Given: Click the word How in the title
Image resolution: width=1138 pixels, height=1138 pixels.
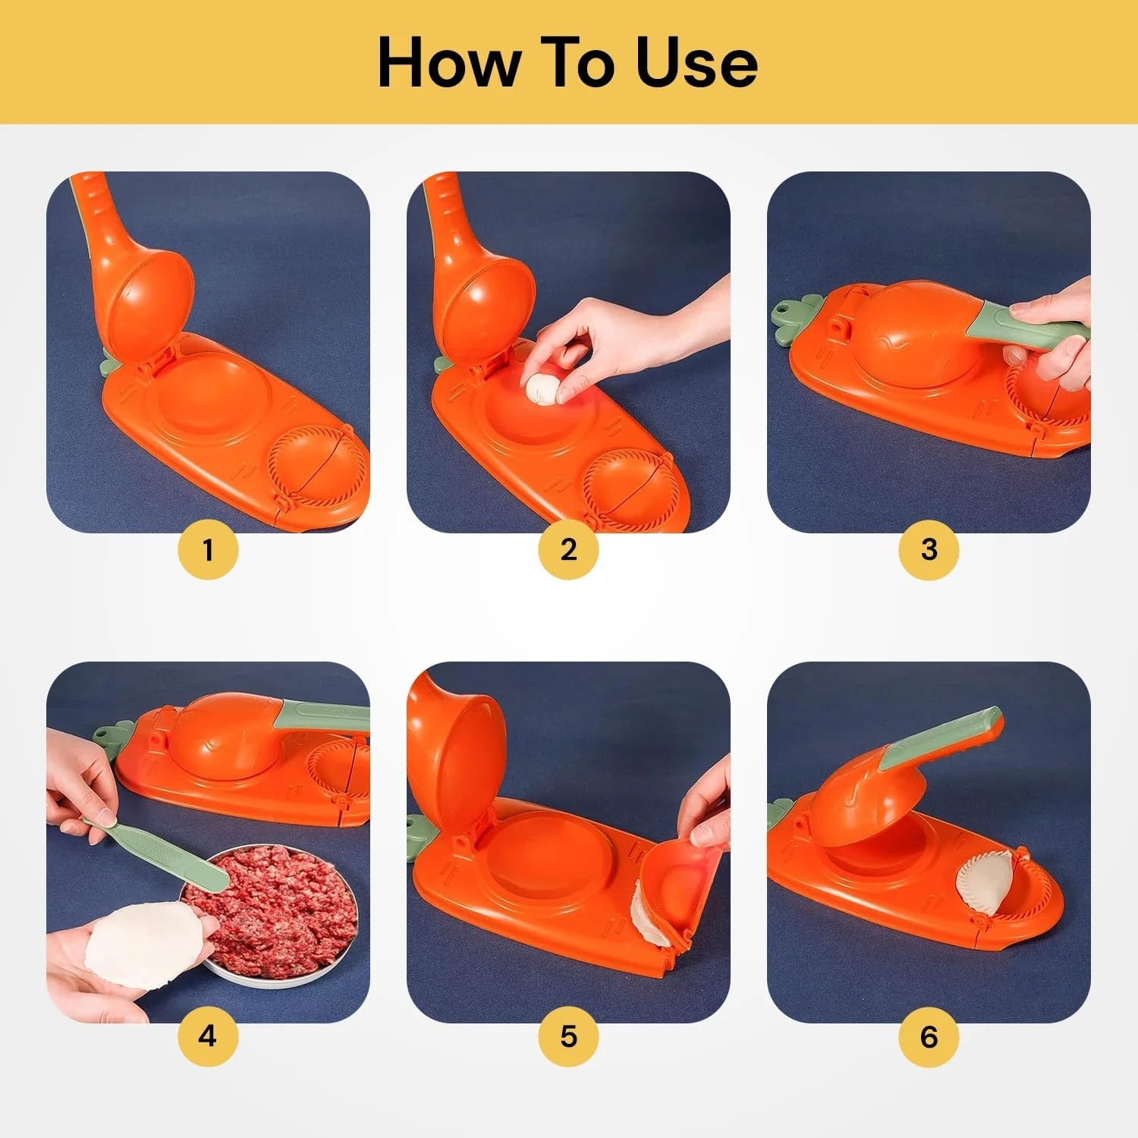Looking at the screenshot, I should click(446, 63).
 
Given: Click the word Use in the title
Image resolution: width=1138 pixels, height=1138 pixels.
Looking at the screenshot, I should click(696, 63).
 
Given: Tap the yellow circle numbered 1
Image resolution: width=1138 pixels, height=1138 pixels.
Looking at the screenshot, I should click(208, 549).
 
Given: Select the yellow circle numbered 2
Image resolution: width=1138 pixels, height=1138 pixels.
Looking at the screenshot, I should click(568, 549).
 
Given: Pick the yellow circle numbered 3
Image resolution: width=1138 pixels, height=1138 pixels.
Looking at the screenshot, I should click(929, 549).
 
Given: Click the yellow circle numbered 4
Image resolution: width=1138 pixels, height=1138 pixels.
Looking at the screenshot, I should click(208, 1036).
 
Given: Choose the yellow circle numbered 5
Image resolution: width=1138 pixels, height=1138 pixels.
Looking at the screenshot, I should click(568, 1036).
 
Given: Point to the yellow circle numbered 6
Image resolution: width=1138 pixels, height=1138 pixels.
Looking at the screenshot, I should click(929, 1036).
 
